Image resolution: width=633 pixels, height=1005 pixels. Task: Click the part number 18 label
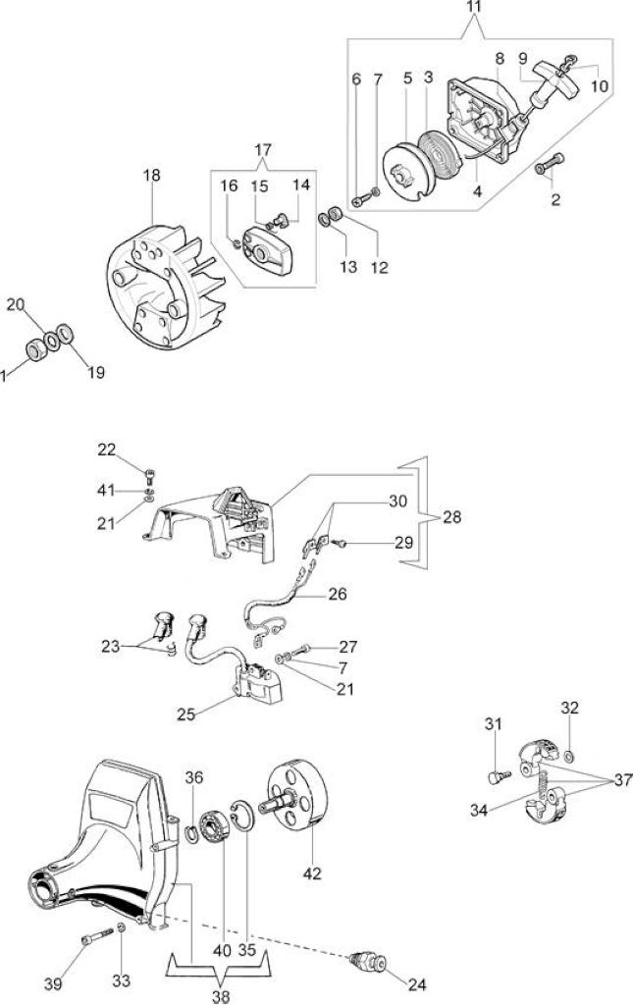click(152, 175)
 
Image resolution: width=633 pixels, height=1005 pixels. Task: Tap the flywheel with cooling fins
click(165, 288)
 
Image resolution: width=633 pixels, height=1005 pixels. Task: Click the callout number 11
click(474, 7)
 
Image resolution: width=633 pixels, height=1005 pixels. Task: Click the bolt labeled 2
click(549, 164)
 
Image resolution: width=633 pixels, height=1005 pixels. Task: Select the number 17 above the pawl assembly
click(263, 149)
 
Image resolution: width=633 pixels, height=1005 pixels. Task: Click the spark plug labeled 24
click(368, 962)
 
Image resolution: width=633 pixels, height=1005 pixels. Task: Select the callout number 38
click(220, 996)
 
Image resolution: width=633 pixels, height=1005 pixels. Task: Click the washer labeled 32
click(570, 751)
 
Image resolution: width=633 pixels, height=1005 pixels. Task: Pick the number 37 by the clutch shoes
click(622, 780)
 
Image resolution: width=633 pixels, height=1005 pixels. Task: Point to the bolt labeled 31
click(499, 777)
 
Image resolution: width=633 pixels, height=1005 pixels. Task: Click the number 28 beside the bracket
click(451, 516)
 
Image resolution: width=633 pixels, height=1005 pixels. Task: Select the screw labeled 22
click(151, 476)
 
